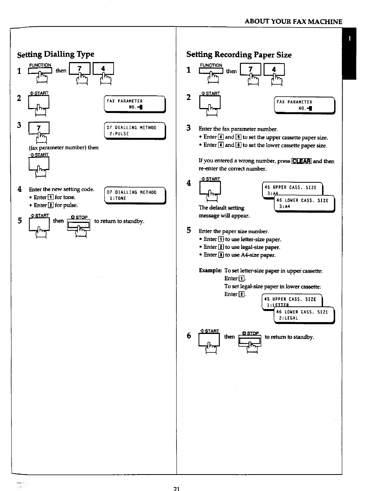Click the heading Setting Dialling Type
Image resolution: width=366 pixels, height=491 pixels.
pos(56,54)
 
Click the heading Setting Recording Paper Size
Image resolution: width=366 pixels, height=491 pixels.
pos(239,55)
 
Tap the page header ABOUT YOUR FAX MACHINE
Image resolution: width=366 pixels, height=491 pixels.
pos(293,22)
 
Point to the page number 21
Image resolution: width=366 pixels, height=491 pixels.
pos(176,488)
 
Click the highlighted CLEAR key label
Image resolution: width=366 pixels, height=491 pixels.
pos(302,161)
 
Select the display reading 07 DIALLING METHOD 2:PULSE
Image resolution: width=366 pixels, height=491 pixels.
pos(135,131)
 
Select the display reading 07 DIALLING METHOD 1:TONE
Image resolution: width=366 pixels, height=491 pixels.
pos(135,195)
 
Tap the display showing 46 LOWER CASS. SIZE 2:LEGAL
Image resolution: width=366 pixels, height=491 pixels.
pos(304,315)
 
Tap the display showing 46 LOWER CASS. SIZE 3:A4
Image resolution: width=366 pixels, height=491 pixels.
pos(304,203)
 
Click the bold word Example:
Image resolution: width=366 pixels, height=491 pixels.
pos(210,271)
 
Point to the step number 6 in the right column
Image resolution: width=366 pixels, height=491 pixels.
pos(189,336)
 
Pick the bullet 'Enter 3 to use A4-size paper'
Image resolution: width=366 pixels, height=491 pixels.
pos(239,255)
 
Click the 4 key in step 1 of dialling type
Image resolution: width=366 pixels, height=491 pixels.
pos(103,69)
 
